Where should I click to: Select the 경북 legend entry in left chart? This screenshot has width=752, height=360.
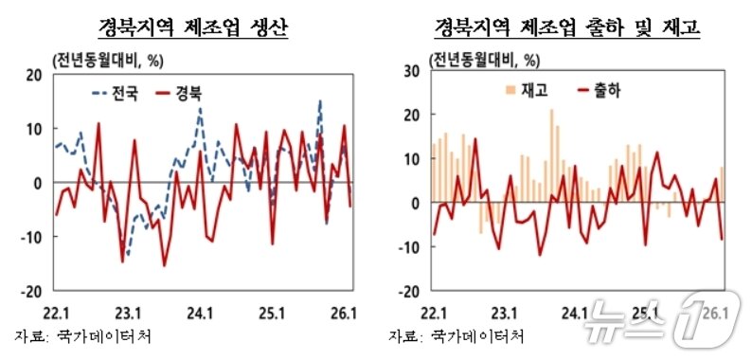(x=191, y=93)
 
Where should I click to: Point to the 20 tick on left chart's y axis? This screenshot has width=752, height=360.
(x=34, y=75)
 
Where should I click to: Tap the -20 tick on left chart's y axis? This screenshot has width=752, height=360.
(x=30, y=291)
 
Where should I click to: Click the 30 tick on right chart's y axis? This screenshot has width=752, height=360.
(x=411, y=71)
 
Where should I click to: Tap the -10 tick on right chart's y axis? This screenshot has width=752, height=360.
(x=408, y=247)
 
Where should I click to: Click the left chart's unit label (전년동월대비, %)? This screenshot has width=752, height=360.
(x=105, y=57)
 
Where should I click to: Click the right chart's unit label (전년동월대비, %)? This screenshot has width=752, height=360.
(x=485, y=57)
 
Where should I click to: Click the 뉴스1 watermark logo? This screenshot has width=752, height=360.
(x=654, y=311)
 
